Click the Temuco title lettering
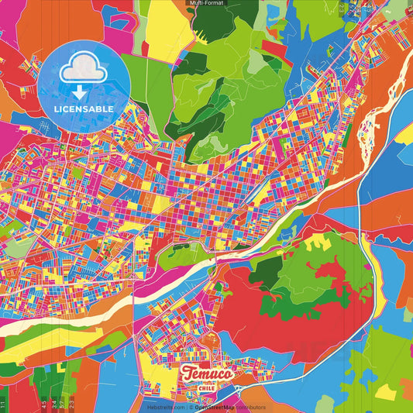point(207,373)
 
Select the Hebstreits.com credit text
point(165,406)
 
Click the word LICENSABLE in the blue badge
point(84,109)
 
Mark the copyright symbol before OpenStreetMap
point(191,406)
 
